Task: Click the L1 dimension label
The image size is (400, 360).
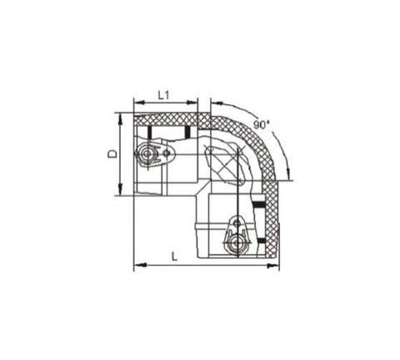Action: pos(163,95)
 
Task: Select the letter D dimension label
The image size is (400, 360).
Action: pos(112,154)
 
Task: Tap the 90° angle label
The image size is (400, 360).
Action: pos(262,125)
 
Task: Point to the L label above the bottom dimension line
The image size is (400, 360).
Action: pos(174,256)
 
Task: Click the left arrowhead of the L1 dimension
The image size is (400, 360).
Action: pos(138,102)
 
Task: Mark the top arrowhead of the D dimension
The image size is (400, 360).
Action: pos(120,118)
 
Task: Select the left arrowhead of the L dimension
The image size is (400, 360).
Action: pos(139,265)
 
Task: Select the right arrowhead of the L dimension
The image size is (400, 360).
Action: pos(274,266)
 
